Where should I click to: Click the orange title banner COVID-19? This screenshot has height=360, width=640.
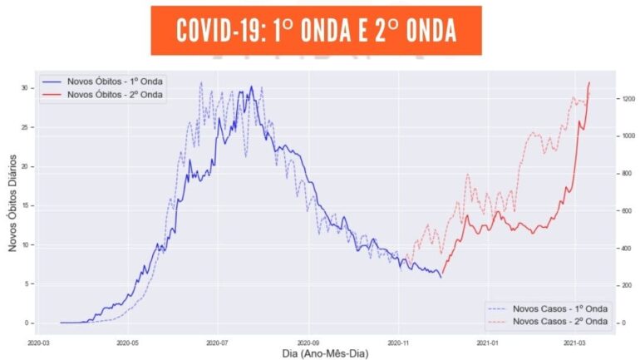click(x=316, y=30)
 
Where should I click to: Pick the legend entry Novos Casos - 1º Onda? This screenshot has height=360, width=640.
click(x=559, y=308)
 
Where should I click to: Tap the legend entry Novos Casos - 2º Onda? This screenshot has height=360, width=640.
click(x=559, y=321)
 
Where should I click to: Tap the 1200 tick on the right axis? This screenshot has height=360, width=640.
click(x=628, y=99)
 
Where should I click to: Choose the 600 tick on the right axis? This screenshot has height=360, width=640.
click(x=628, y=211)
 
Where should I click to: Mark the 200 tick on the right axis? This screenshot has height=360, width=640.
click(x=628, y=285)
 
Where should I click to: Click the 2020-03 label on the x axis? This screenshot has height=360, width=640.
click(x=39, y=341)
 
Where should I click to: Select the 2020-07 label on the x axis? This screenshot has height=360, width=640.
click(x=217, y=341)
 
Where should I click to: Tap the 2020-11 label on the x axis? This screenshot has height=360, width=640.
click(x=398, y=341)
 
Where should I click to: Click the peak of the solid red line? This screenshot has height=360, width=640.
click(x=589, y=82)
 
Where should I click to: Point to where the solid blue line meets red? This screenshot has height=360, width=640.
click(x=441, y=274)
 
